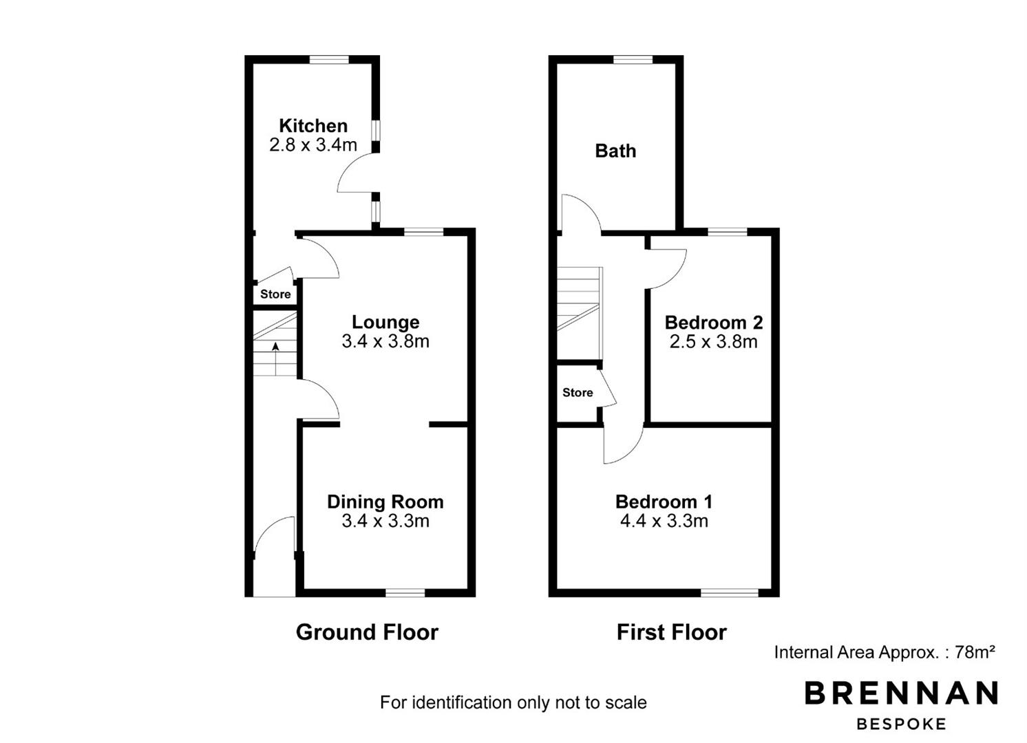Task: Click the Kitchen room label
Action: tap(313, 126)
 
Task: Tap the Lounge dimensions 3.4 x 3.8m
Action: tap(385, 341)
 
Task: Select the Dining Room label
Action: tap(385, 502)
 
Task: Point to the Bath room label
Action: tap(615, 151)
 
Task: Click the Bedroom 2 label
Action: tap(713, 323)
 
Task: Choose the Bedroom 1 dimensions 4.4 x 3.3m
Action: tap(664, 521)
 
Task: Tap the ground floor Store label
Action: tap(275, 294)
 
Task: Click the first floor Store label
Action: tap(578, 392)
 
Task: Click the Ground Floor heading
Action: tap(367, 632)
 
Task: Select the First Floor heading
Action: tap(671, 632)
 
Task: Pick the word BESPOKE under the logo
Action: tap(901, 724)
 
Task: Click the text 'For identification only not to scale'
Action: tap(513, 702)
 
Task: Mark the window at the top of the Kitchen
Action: tap(329, 60)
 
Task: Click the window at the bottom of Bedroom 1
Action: tap(730, 592)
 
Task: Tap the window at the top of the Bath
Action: tap(633, 60)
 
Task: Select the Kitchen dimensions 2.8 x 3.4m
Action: tap(313, 145)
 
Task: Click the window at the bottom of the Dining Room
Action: tap(405, 592)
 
